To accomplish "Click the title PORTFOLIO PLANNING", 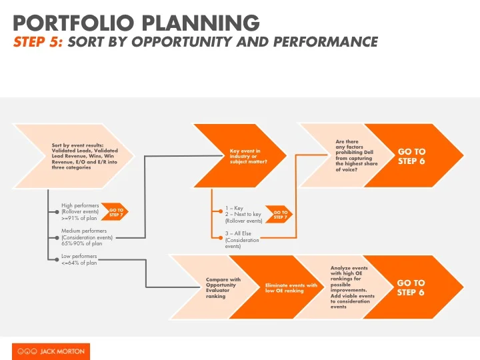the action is point(137,23).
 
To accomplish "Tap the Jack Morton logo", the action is point(51,351).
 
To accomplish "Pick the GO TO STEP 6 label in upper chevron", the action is point(411,156).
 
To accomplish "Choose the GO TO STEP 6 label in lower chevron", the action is point(411,287).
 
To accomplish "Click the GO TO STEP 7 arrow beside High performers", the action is point(116,212).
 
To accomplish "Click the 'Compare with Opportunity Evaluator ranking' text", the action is point(223,287).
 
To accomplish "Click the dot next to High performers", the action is point(57,212).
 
